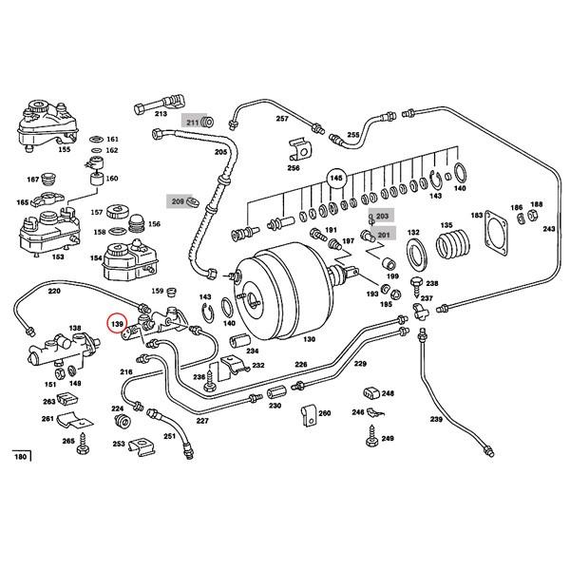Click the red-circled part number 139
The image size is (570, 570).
(118, 325)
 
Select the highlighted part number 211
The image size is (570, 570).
(193, 123)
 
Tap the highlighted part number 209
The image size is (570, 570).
(178, 201)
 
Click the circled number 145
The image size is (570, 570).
(334, 178)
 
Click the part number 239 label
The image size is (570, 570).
(436, 419)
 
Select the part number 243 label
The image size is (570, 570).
(549, 229)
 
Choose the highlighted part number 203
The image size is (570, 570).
(382, 217)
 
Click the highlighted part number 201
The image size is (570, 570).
(383, 235)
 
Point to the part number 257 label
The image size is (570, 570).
(281, 119)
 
